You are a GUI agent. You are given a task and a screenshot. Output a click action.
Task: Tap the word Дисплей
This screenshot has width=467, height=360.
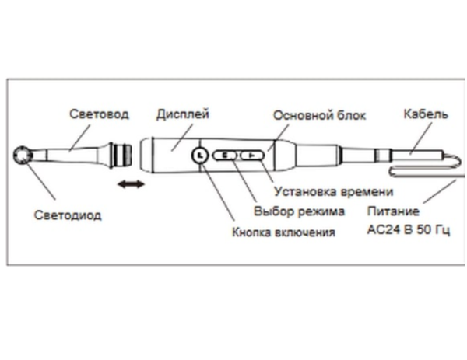183,114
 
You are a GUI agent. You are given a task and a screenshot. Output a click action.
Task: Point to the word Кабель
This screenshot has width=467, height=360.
425,114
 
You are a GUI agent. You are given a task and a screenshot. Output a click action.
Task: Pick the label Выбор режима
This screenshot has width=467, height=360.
297,211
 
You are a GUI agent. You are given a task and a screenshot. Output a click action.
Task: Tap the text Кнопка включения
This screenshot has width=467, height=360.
285,232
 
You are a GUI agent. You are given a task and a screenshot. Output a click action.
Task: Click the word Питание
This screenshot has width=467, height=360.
399,211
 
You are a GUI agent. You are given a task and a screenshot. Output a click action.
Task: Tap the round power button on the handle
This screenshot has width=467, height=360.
200,156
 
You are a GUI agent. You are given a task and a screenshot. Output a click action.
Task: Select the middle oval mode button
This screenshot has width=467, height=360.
226,156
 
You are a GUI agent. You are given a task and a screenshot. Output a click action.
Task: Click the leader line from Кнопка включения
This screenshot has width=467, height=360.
217,194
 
